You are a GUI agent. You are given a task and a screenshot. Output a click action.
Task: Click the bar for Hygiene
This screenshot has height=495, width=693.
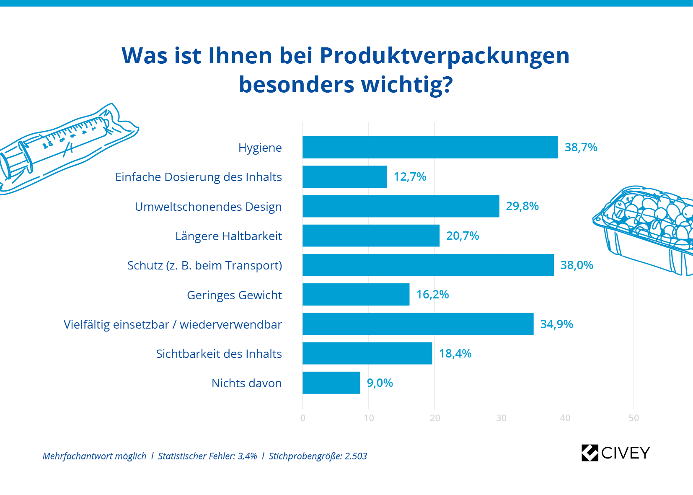pyautogui.click(x=430, y=148)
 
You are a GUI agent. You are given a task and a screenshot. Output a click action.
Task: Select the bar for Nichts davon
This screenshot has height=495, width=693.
pyautogui.click(x=331, y=383)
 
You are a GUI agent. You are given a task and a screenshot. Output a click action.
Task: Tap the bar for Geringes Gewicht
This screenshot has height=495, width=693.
pyautogui.click(x=356, y=295)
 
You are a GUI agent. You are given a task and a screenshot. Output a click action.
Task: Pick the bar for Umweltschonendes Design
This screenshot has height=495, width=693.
pyautogui.click(x=401, y=206)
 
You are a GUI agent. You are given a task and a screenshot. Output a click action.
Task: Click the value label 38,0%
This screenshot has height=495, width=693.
pyautogui.click(x=577, y=265)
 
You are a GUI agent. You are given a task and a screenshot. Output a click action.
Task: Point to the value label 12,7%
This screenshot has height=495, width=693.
pyautogui.click(x=409, y=177)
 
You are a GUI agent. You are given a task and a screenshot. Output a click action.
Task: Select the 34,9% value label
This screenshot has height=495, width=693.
pyautogui.click(x=556, y=324)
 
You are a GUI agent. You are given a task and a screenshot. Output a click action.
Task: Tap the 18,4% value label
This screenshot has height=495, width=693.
pyautogui.click(x=455, y=354)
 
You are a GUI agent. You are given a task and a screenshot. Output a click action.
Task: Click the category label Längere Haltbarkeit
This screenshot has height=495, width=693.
pyautogui.click(x=228, y=236)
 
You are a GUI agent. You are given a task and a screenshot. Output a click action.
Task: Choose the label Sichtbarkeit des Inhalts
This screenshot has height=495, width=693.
pyautogui.click(x=219, y=354)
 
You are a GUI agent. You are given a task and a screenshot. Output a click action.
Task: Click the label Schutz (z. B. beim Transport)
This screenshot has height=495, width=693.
pyautogui.click(x=204, y=266)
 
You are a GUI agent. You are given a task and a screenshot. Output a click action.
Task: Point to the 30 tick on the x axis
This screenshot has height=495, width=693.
pyautogui.click(x=501, y=418)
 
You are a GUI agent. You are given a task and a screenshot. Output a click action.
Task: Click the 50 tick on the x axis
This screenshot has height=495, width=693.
pyautogui.click(x=634, y=418)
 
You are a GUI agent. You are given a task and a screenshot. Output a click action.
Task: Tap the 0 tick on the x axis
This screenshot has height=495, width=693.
pyautogui.click(x=303, y=418)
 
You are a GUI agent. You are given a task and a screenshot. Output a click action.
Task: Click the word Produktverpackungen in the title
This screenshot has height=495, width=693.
pyautogui.click(x=444, y=55)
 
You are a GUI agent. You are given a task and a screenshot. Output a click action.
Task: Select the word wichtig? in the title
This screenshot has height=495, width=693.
pyautogui.click(x=407, y=85)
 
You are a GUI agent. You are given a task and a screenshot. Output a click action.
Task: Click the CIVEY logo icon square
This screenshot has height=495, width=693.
pyautogui.click(x=590, y=453)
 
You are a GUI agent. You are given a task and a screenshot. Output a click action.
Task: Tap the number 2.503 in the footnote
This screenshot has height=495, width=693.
pyautogui.click(x=356, y=456)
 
